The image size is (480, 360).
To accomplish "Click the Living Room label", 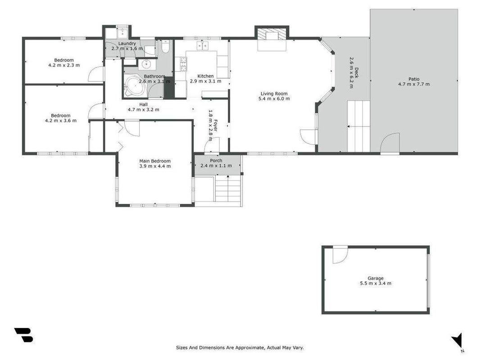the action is (x=274, y=94).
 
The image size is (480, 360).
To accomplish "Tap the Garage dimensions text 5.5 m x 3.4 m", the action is (x=375, y=283).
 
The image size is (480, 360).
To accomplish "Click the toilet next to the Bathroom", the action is (x=165, y=46).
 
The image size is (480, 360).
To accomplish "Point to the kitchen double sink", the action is (x=202, y=45).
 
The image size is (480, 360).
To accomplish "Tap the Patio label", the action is (x=413, y=79).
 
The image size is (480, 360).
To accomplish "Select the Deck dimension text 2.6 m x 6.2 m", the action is (x=352, y=73).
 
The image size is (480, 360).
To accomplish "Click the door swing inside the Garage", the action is (x=340, y=255).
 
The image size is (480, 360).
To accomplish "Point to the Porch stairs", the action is (x=228, y=189).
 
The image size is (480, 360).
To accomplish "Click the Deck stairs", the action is (x=359, y=126).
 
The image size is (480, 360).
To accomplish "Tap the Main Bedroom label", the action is (x=155, y=161).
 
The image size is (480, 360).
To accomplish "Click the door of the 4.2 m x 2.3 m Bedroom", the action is (x=96, y=74).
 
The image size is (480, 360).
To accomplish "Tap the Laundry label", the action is (x=127, y=44).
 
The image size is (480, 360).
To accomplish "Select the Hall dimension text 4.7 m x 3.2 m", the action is (x=143, y=109).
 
